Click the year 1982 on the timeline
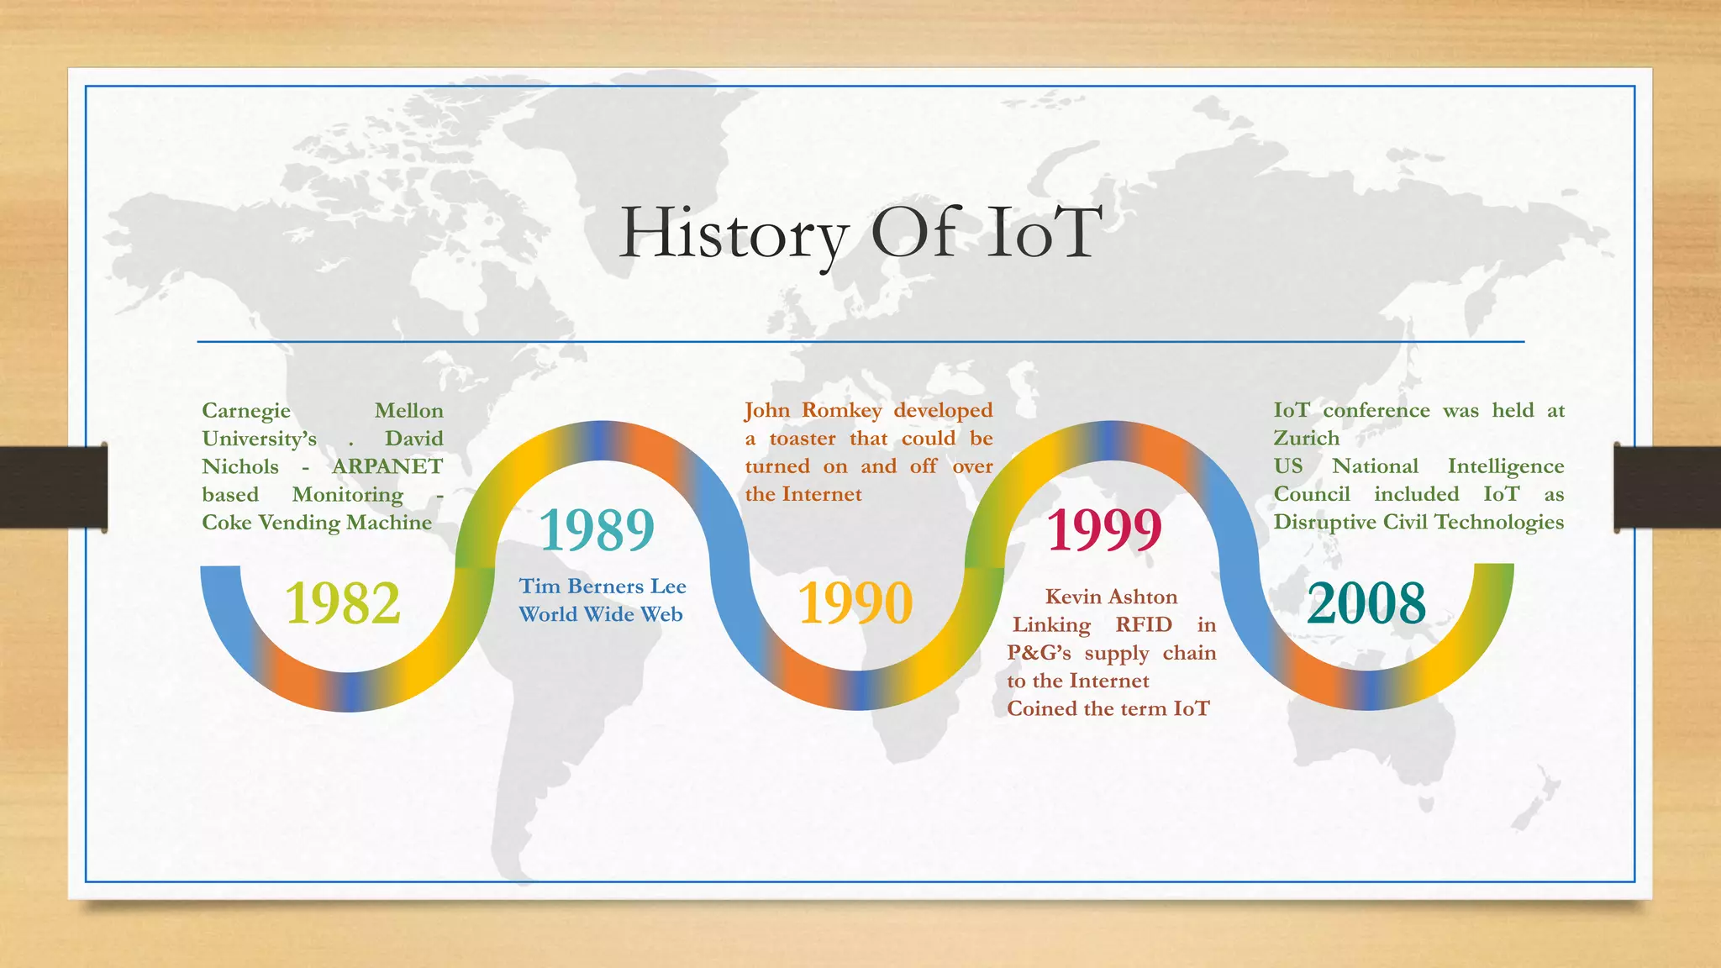pyautogui.click(x=343, y=603)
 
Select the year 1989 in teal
pyautogui.click(x=597, y=530)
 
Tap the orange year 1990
pyautogui.click(x=855, y=603)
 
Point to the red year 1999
pyautogui.click(x=1104, y=530)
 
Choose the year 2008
pyautogui.click(x=1366, y=603)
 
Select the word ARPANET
pyautogui.click(x=387, y=466)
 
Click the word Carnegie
pyautogui.click(x=246, y=411)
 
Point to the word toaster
pyautogui.click(x=803, y=439)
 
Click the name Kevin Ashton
pyautogui.click(x=1111, y=597)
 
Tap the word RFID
pyautogui.click(x=1144, y=624)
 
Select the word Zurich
pyautogui.click(x=1306, y=439)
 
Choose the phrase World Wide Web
pyautogui.click(x=601, y=614)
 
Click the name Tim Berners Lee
pyautogui.click(x=603, y=587)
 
